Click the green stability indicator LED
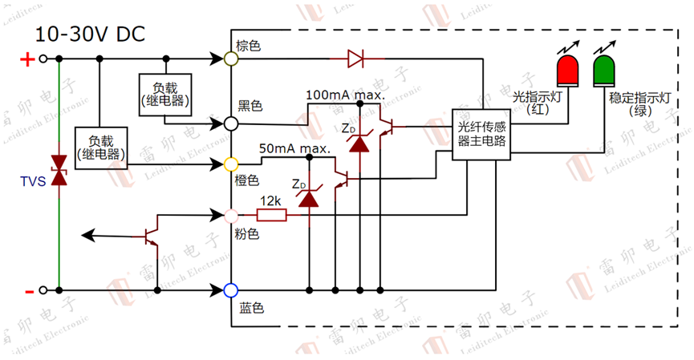(603, 70)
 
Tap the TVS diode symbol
(58, 172)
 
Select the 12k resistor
(271, 215)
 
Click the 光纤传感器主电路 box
(482, 134)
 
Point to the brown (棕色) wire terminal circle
(230, 59)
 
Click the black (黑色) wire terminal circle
(230, 123)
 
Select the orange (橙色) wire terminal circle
(230, 164)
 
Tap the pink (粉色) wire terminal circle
(230, 215)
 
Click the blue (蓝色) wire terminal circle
(230, 289)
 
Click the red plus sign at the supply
(26, 59)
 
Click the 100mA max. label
(345, 95)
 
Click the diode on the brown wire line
(355, 59)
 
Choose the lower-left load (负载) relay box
(101, 146)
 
